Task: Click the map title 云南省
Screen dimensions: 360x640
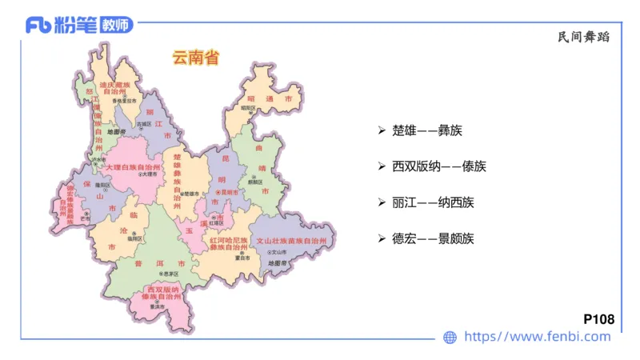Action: pos(195,58)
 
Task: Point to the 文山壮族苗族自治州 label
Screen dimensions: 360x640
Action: pos(291,240)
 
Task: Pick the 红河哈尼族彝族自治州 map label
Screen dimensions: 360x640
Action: pos(230,244)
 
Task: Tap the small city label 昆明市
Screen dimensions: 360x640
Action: pos(230,193)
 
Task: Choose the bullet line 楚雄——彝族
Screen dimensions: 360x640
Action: pos(428,130)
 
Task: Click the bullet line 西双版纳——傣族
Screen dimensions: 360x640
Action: pos(439,166)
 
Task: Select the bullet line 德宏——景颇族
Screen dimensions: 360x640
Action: pos(434,238)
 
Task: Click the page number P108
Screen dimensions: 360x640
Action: pos(599,320)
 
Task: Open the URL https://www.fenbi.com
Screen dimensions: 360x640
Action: pos(538,337)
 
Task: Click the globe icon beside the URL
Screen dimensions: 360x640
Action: pos(450,338)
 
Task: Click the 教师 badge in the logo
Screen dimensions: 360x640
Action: pos(117,25)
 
